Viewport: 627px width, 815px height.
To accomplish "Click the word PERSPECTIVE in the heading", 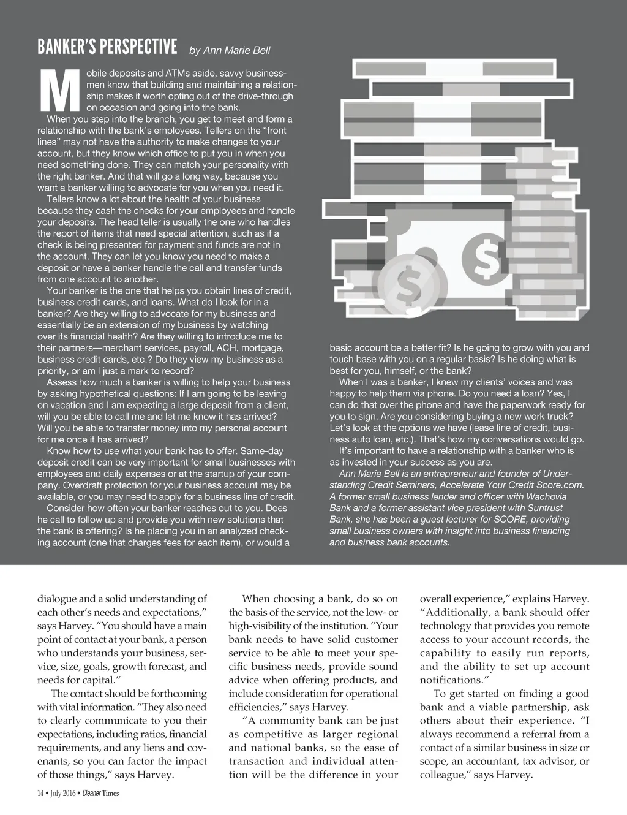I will tap(138, 47).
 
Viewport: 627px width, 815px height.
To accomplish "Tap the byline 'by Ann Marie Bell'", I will tap(230, 50).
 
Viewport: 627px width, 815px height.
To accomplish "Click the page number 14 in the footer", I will tap(40, 794).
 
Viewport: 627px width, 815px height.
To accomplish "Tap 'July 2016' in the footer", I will tap(62, 794).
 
